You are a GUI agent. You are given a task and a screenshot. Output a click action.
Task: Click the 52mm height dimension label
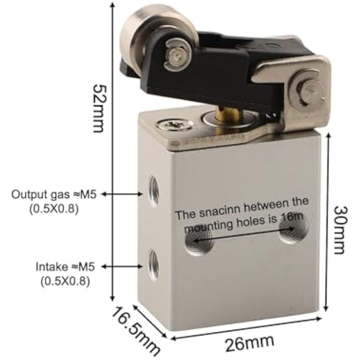click(x=98, y=108)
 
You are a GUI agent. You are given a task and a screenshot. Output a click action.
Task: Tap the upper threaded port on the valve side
click(x=154, y=191)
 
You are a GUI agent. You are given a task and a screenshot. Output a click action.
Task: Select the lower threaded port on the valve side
click(x=154, y=265)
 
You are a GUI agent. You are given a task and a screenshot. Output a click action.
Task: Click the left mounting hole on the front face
click(x=199, y=243)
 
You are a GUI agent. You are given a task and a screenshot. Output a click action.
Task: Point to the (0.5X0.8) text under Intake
click(x=65, y=281)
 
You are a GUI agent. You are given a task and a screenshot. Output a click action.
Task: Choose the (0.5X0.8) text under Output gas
click(x=54, y=209)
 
